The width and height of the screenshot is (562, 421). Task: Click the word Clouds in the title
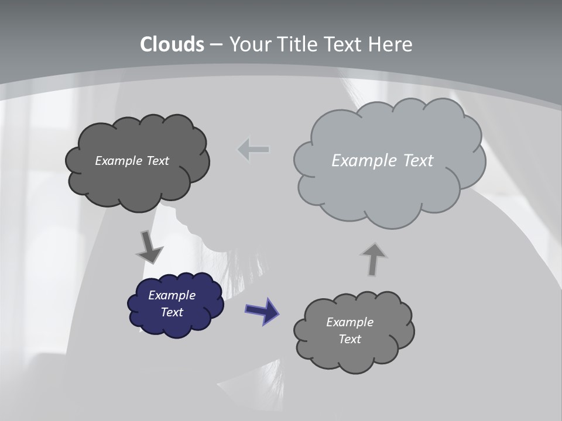pyautogui.click(x=172, y=44)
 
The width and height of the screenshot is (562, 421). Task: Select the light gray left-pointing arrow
pyautogui.click(x=253, y=150)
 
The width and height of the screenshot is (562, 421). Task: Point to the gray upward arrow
pyautogui.click(x=373, y=259)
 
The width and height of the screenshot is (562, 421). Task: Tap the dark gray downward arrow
pyautogui.click(x=149, y=246)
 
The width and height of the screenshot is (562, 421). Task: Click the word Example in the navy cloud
pyautogui.click(x=172, y=295)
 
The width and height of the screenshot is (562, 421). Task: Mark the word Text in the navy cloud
pyautogui.click(x=172, y=312)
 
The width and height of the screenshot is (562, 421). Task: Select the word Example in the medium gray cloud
pyautogui.click(x=349, y=322)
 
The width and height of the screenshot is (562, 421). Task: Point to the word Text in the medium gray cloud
pyautogui.click(x=349, y=339)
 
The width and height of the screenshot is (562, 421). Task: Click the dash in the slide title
pyautogui.click(x=215, y=44)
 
